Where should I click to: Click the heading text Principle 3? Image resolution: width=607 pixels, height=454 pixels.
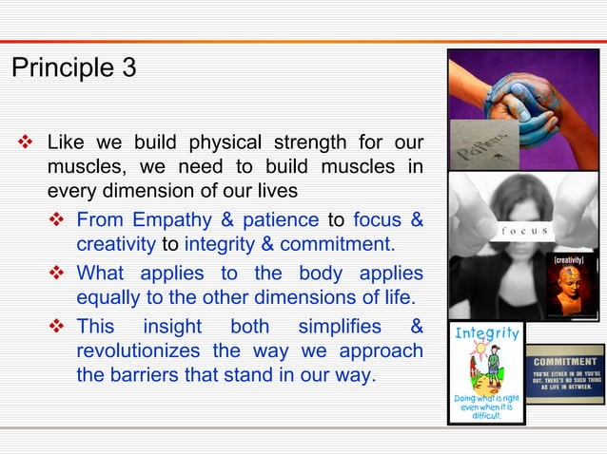[73, 68]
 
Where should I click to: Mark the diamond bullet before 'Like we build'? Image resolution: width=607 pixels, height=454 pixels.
[26, 144]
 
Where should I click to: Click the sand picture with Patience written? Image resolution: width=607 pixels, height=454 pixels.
[482, 144]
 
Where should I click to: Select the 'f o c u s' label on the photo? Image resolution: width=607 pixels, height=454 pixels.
[523, 230]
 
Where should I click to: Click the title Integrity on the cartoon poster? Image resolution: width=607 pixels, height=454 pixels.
[487, 333]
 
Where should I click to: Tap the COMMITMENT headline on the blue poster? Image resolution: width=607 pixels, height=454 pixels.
[565, 361]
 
